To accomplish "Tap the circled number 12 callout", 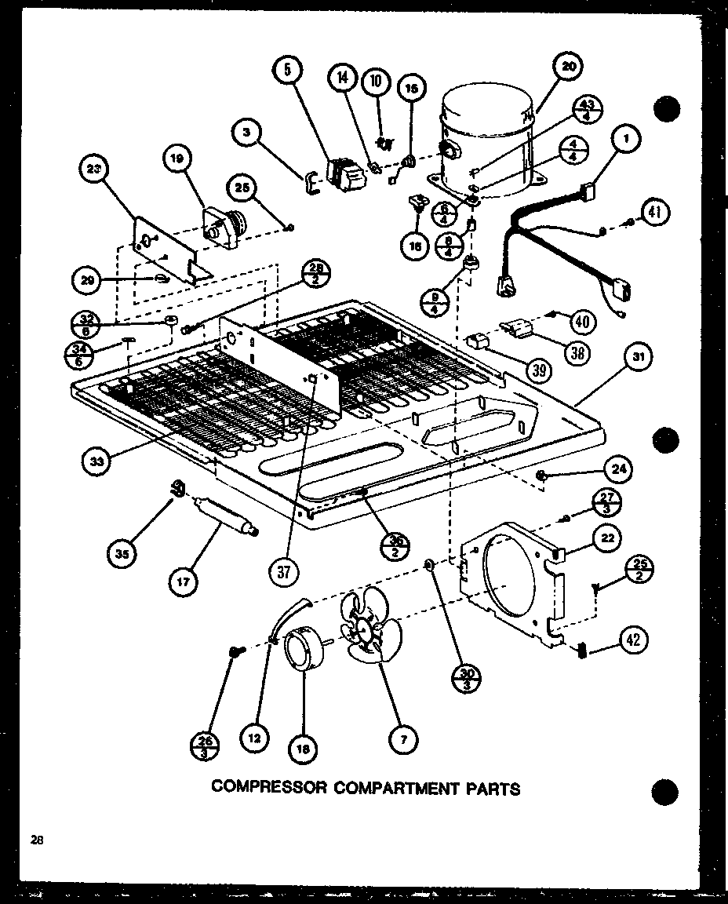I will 255,737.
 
